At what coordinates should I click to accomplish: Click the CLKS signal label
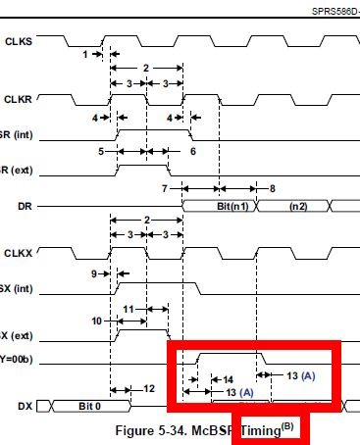pos(18,41)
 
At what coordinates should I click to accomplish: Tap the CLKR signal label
pos(18,100)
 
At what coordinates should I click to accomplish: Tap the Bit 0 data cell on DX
pos(90,404)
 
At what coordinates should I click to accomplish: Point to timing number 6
pos(192,151)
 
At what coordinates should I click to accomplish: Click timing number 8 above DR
pos(272,186)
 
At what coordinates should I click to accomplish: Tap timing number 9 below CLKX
pos(96,273)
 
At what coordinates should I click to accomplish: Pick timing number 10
pos(96,320)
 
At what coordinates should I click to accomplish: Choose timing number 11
pos(129,308)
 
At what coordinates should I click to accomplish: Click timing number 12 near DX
pos(148,389)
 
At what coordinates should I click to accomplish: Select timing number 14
pos(228,377)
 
